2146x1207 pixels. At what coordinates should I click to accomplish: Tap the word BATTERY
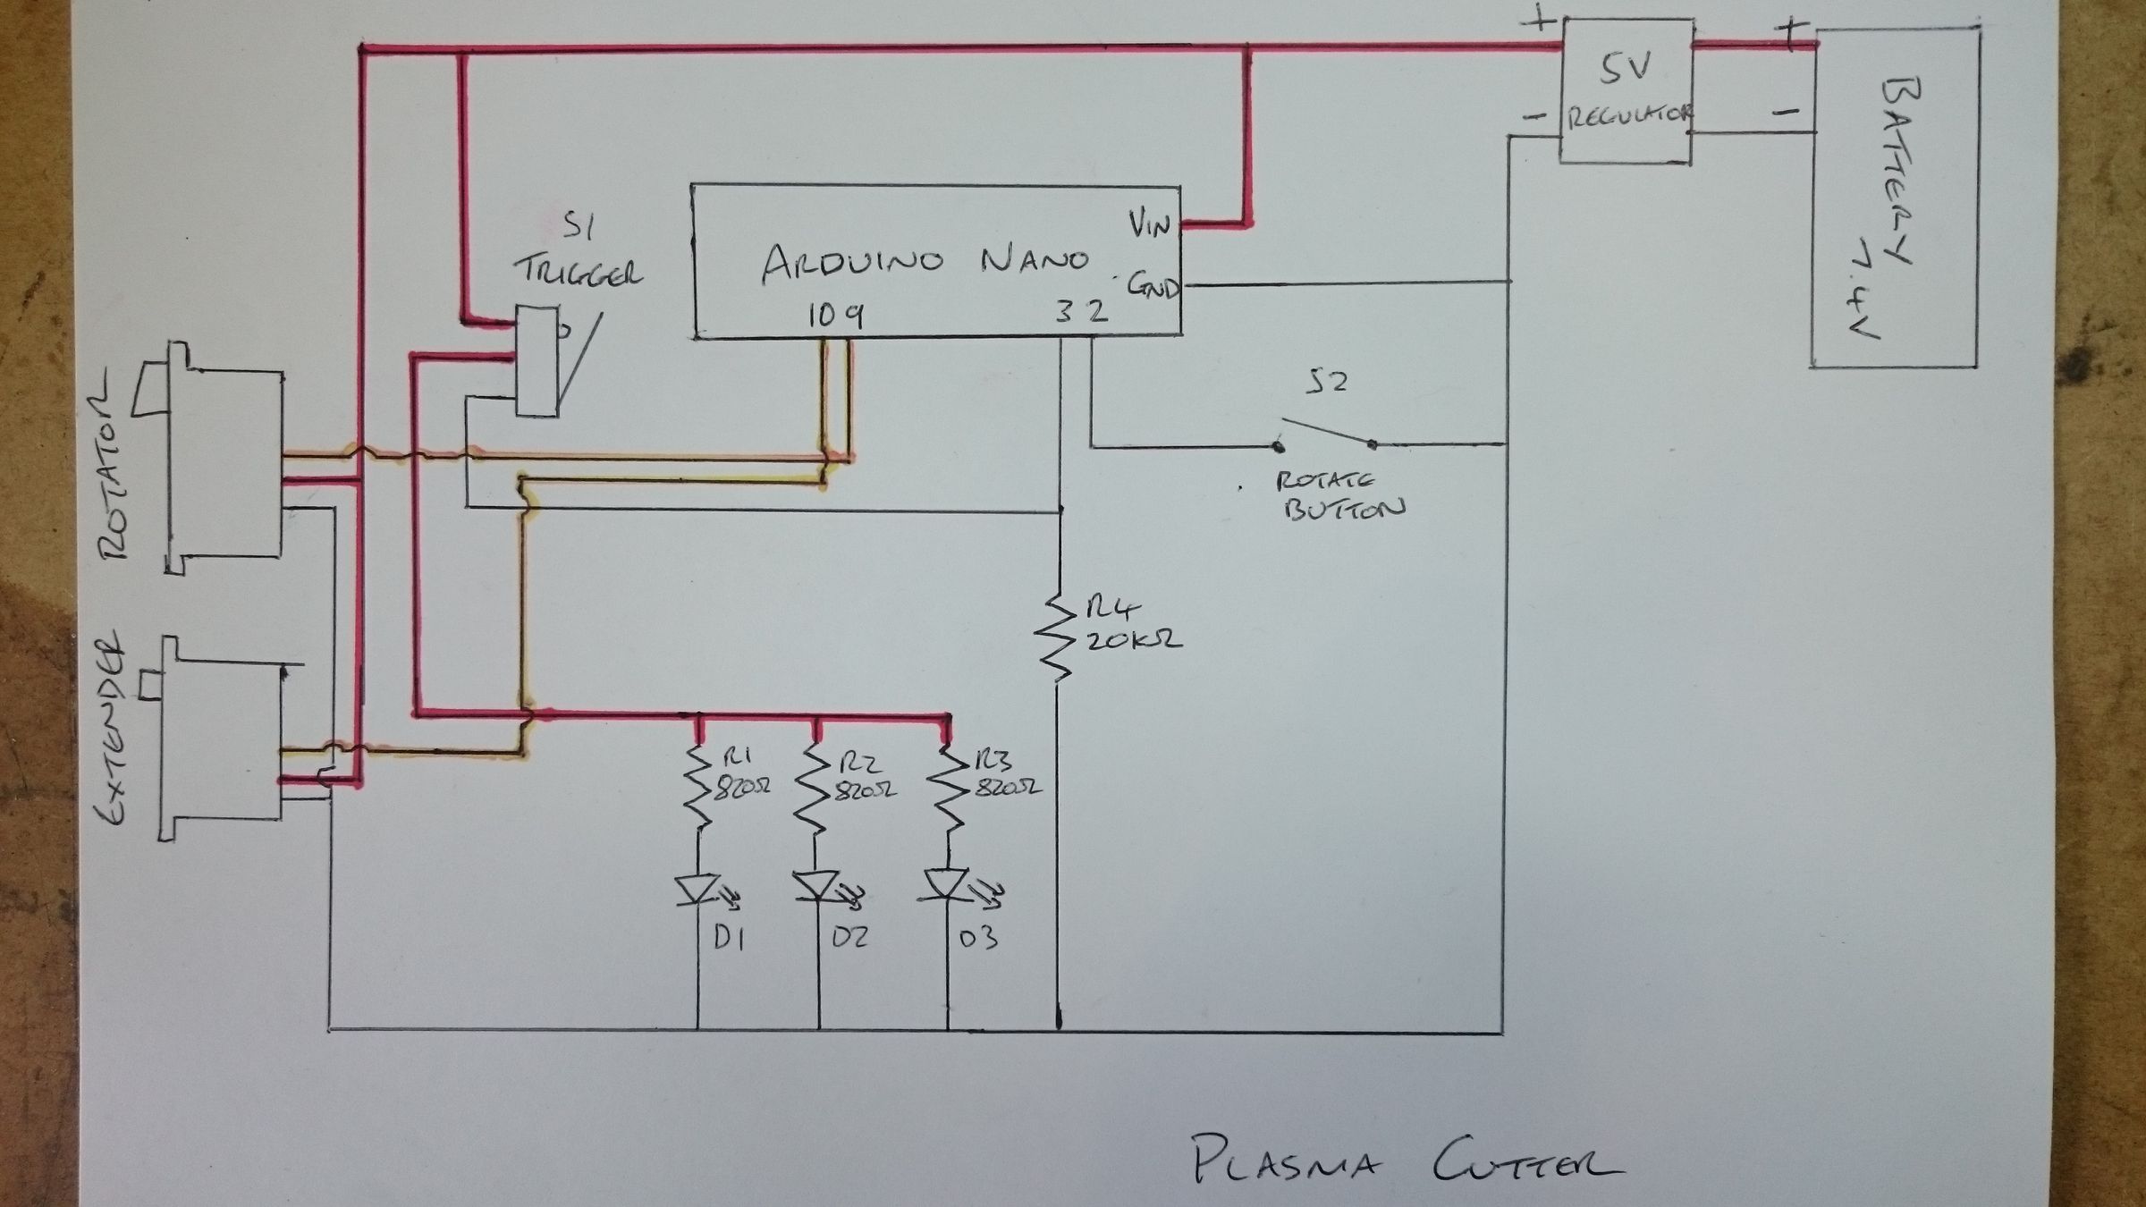(1902, 170)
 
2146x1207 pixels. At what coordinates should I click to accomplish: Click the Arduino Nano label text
(925, 260)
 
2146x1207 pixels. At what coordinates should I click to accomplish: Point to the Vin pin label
(1149, 224)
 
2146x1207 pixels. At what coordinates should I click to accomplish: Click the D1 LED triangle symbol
(698, 889)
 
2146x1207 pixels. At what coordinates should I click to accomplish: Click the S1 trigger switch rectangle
(537, 361)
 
